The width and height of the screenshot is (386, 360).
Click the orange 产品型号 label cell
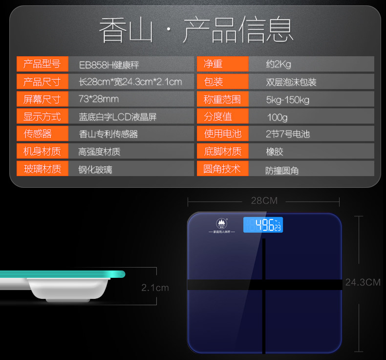tap(42, 64)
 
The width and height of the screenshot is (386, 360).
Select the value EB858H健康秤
tap(109, 65)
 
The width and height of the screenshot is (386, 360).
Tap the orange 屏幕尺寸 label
tap(42, 99)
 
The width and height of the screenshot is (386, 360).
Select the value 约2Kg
tap(279, 65)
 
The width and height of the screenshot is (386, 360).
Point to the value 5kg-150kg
tap(288, 100)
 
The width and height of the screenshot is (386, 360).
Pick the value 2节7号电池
tap(288, 134)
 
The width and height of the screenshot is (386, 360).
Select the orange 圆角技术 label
tap(222, 169)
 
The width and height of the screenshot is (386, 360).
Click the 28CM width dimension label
tap(264, 201)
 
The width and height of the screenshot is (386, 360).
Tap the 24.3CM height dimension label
tap(363, 282)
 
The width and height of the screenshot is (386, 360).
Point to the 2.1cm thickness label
tap(155, 288)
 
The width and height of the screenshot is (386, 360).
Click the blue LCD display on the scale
tap(263, 225)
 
